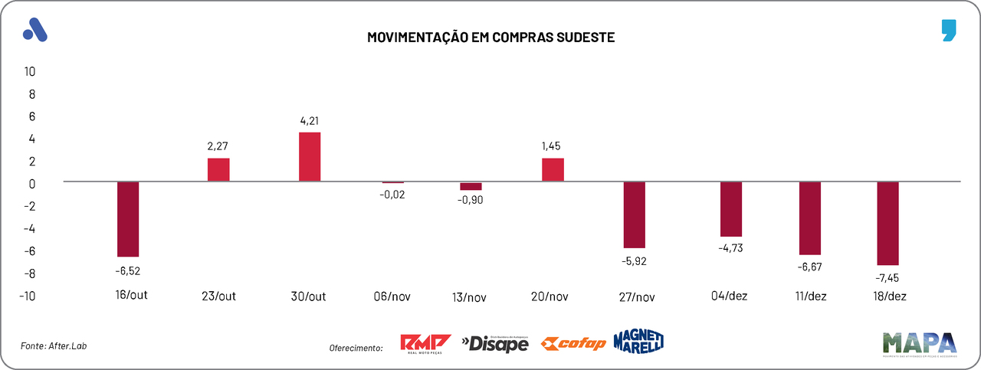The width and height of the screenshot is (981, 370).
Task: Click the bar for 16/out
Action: pos(128,219)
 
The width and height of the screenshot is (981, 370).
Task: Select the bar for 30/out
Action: pos(310,157)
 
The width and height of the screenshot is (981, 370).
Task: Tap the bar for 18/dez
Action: pos(888,223)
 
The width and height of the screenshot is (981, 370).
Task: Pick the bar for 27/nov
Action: pos(635,214)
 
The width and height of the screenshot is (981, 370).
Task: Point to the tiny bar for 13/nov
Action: pos(471,186)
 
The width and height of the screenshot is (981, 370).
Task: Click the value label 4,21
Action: pos(310,120)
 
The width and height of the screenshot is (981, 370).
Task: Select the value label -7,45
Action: pos(888,277)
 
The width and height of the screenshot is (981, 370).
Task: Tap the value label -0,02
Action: pos(393,195)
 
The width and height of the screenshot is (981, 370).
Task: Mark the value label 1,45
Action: pos(553,146)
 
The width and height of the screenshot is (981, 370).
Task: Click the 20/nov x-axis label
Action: pos(553,296)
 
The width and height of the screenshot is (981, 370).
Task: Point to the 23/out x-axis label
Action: pos(218,296)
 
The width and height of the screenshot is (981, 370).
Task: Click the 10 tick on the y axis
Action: pos(31,71)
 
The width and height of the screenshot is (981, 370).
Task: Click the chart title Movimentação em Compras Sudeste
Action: pos(491,37)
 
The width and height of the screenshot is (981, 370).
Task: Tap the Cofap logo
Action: pos(573,343)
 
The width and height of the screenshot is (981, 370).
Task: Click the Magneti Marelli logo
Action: pos(638,342)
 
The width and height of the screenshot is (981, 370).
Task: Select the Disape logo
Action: pos(495,344)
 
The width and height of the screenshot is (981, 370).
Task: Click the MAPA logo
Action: pos(920,344)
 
